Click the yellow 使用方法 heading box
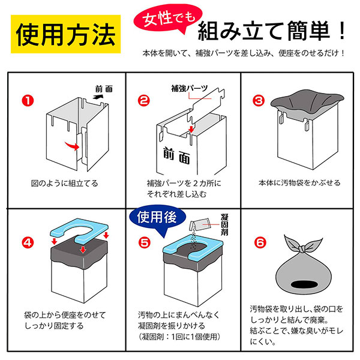point(65,34)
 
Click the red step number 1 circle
point(28,101)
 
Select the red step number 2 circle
point(144,101)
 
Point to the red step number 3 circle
point(259,101)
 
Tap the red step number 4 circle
point(28,242)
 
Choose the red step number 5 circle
point(145,242)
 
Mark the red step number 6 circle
point(260,242)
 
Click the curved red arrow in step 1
point(73,146)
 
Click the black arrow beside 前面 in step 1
point(98,97)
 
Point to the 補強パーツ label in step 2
point(190,88)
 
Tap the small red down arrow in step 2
point(191,129)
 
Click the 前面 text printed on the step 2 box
point(176,156)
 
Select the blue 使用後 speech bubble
point(157,218)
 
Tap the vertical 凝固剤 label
point(224,224)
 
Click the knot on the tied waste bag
point(302,248)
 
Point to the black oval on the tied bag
point(304,284)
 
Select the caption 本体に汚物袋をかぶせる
point(299,183)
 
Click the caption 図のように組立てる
point(65,184)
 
